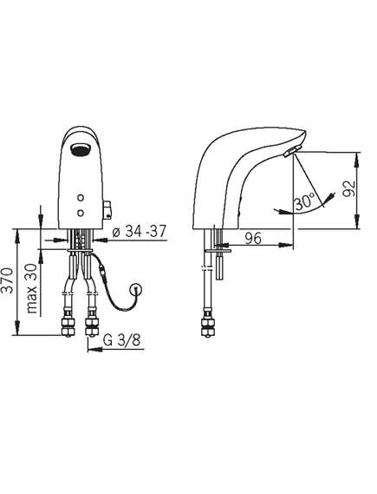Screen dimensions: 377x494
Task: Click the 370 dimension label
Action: (x=8, y=280)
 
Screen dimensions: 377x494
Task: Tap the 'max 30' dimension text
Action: (x=32, y=288)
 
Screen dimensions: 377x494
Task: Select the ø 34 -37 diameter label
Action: (x=139, y=232)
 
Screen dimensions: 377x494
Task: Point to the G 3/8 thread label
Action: (x=121, y=340)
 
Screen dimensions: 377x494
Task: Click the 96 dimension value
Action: (x=253, y=238)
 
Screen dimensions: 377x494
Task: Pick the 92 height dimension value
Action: (x=348, y=188)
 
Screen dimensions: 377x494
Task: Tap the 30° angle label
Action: (x=305, y=201)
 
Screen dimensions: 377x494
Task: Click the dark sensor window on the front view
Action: (x=80, y=148)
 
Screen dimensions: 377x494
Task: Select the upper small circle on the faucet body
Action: (x=81, y=198)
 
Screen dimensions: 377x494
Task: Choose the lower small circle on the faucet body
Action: (x=81, y=213)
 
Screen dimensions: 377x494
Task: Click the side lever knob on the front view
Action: (x=107, y=209)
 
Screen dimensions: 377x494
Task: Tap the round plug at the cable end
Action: (x=137, y=288)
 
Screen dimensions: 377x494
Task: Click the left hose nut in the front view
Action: (x=68, y=324)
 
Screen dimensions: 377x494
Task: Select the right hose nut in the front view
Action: (x=92, y=324)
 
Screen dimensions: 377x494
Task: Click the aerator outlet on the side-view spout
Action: (x=292, y=152)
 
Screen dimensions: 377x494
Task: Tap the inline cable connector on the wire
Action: (x=102, y=270)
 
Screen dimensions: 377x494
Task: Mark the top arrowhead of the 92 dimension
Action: (x=357, y=159)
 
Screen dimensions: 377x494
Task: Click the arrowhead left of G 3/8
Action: (x=94, y=349)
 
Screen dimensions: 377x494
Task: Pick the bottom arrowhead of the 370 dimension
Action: (x=17, y=328)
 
